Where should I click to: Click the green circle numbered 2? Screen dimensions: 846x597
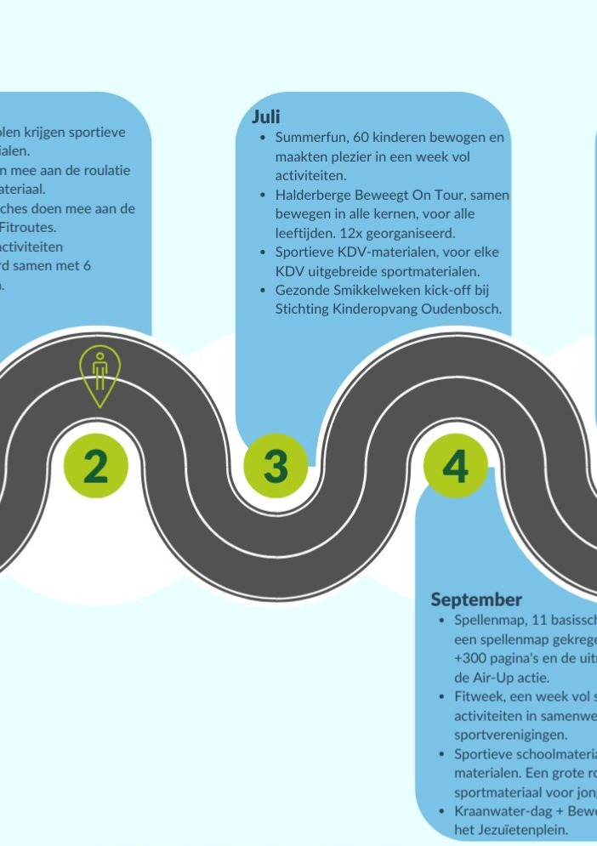tap(96, 465)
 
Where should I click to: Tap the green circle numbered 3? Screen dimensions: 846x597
tap(276, 465)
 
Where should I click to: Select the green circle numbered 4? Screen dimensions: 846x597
tap(455, 465)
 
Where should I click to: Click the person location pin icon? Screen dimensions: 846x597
tap(99, 374)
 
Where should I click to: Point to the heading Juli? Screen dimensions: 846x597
tap(265, 117)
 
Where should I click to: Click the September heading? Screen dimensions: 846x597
tap(476, 599)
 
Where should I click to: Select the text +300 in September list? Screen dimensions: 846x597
tap(459, 658)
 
